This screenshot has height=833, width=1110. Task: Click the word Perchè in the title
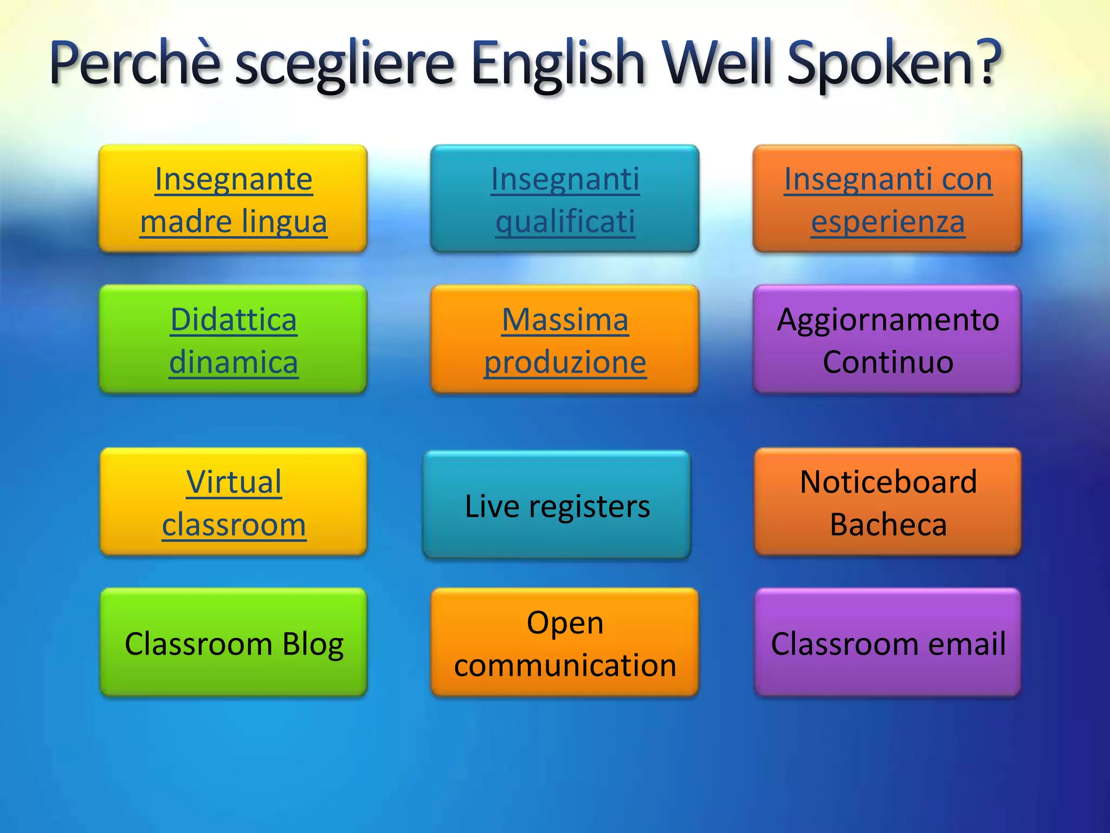coord(135,63)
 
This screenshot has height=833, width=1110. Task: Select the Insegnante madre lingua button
coord(234,200)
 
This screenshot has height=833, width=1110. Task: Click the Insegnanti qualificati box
coord(565,200)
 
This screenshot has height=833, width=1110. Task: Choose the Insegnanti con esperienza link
coord(888,200)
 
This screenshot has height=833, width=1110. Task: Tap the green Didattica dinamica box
coord(234,340)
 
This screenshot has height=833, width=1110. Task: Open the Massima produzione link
coord(565,340)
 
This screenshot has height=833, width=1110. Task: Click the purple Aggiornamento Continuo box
coord(888,340)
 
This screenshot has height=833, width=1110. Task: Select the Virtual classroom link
coord(234,503)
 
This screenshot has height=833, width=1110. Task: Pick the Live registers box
coord(557,506)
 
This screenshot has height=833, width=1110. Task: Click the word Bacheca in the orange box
coord(888,524)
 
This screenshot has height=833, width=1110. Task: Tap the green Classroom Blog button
coord(234,643)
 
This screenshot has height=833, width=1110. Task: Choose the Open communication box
coord(565,643)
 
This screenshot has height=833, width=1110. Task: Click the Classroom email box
coord(888,643)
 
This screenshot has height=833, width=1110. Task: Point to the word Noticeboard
coord(888,482)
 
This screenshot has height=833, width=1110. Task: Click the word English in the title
coord(558,63)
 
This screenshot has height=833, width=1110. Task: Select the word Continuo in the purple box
coord(888,362)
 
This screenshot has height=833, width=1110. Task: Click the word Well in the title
coord(721,63)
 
